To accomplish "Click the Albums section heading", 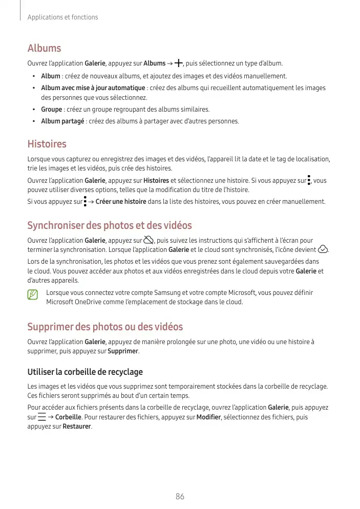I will pos(44,48).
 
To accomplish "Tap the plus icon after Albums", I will pos(178,63).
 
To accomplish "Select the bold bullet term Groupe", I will pos(52,110).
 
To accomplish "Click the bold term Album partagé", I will pos(63,121).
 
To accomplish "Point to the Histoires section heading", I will pos(47,144).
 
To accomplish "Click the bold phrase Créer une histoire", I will pos(121,202).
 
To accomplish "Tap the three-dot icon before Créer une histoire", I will pos(85,201).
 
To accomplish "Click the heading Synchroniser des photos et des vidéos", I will pos(109,225).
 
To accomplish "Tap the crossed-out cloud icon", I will pos(149,240).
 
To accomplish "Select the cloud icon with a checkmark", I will pos(323,250).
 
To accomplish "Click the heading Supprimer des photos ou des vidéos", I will pos(104,327).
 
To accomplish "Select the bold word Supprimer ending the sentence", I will pos(123,351).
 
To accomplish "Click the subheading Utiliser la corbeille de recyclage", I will pos(84,372).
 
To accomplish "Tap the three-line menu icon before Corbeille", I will pos(42,417).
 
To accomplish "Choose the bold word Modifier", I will pos(209,417).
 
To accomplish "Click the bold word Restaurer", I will pos(76,426).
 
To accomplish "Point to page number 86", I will pos(180,496).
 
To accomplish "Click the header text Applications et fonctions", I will pos(62,17).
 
